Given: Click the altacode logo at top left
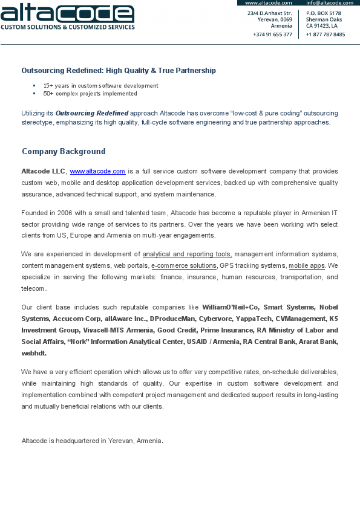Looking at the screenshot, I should pos(67,13).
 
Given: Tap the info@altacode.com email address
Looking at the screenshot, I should pos(329,3).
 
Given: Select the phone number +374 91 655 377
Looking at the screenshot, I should pos(272,34).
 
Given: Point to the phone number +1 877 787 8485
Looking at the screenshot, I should pos(326,34).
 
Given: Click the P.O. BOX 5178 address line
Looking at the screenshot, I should pos(323,13).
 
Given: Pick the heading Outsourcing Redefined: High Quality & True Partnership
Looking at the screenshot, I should pos(119,71).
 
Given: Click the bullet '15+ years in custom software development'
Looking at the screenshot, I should pos(100,86).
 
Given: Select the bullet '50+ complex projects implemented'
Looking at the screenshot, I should pos(90,94).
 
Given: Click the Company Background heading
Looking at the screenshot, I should pos(64,152).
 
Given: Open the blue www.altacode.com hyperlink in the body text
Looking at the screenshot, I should pos(97,172).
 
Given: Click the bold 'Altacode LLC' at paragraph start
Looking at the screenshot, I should pos(43,172).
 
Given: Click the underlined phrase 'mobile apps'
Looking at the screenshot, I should pos(307,265).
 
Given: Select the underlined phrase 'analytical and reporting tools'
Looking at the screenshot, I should pos(187,254).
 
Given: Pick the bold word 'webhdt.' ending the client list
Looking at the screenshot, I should pos(34,353).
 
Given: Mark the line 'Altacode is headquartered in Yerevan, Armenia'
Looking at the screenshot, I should pos(91,441).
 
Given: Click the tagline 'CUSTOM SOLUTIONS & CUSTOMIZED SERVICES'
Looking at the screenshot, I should pos(67,27).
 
